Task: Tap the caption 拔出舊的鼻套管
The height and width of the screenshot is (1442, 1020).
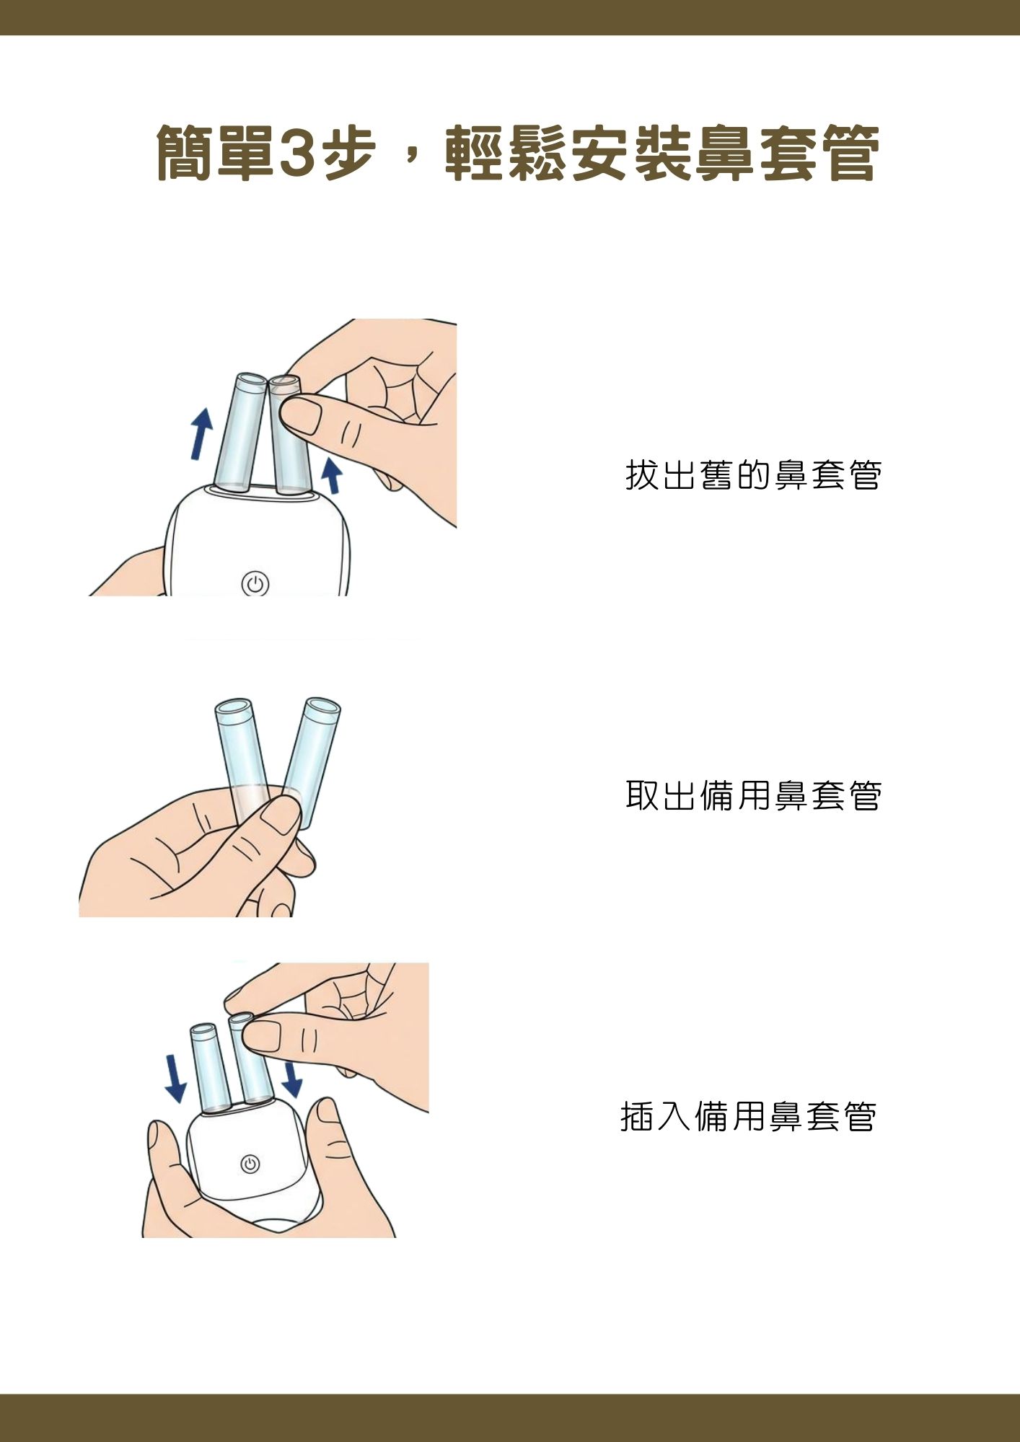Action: [753, 475]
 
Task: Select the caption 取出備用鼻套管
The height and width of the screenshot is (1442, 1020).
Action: [753, 795]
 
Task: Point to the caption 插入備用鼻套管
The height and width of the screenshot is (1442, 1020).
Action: [748, 1116]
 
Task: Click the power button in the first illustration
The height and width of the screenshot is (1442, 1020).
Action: [255, 584]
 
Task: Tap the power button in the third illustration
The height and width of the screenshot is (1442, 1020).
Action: [250, 1164]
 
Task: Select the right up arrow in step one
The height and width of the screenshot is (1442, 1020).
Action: [331, 475]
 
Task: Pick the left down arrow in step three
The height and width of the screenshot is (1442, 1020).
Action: [175, 1078]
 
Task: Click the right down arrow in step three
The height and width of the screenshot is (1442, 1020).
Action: [291, 1079]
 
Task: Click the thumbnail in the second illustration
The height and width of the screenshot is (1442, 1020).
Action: [279, 816]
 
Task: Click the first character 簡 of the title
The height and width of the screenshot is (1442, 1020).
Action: [185, 153]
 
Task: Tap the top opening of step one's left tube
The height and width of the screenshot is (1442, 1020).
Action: [250, 381]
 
